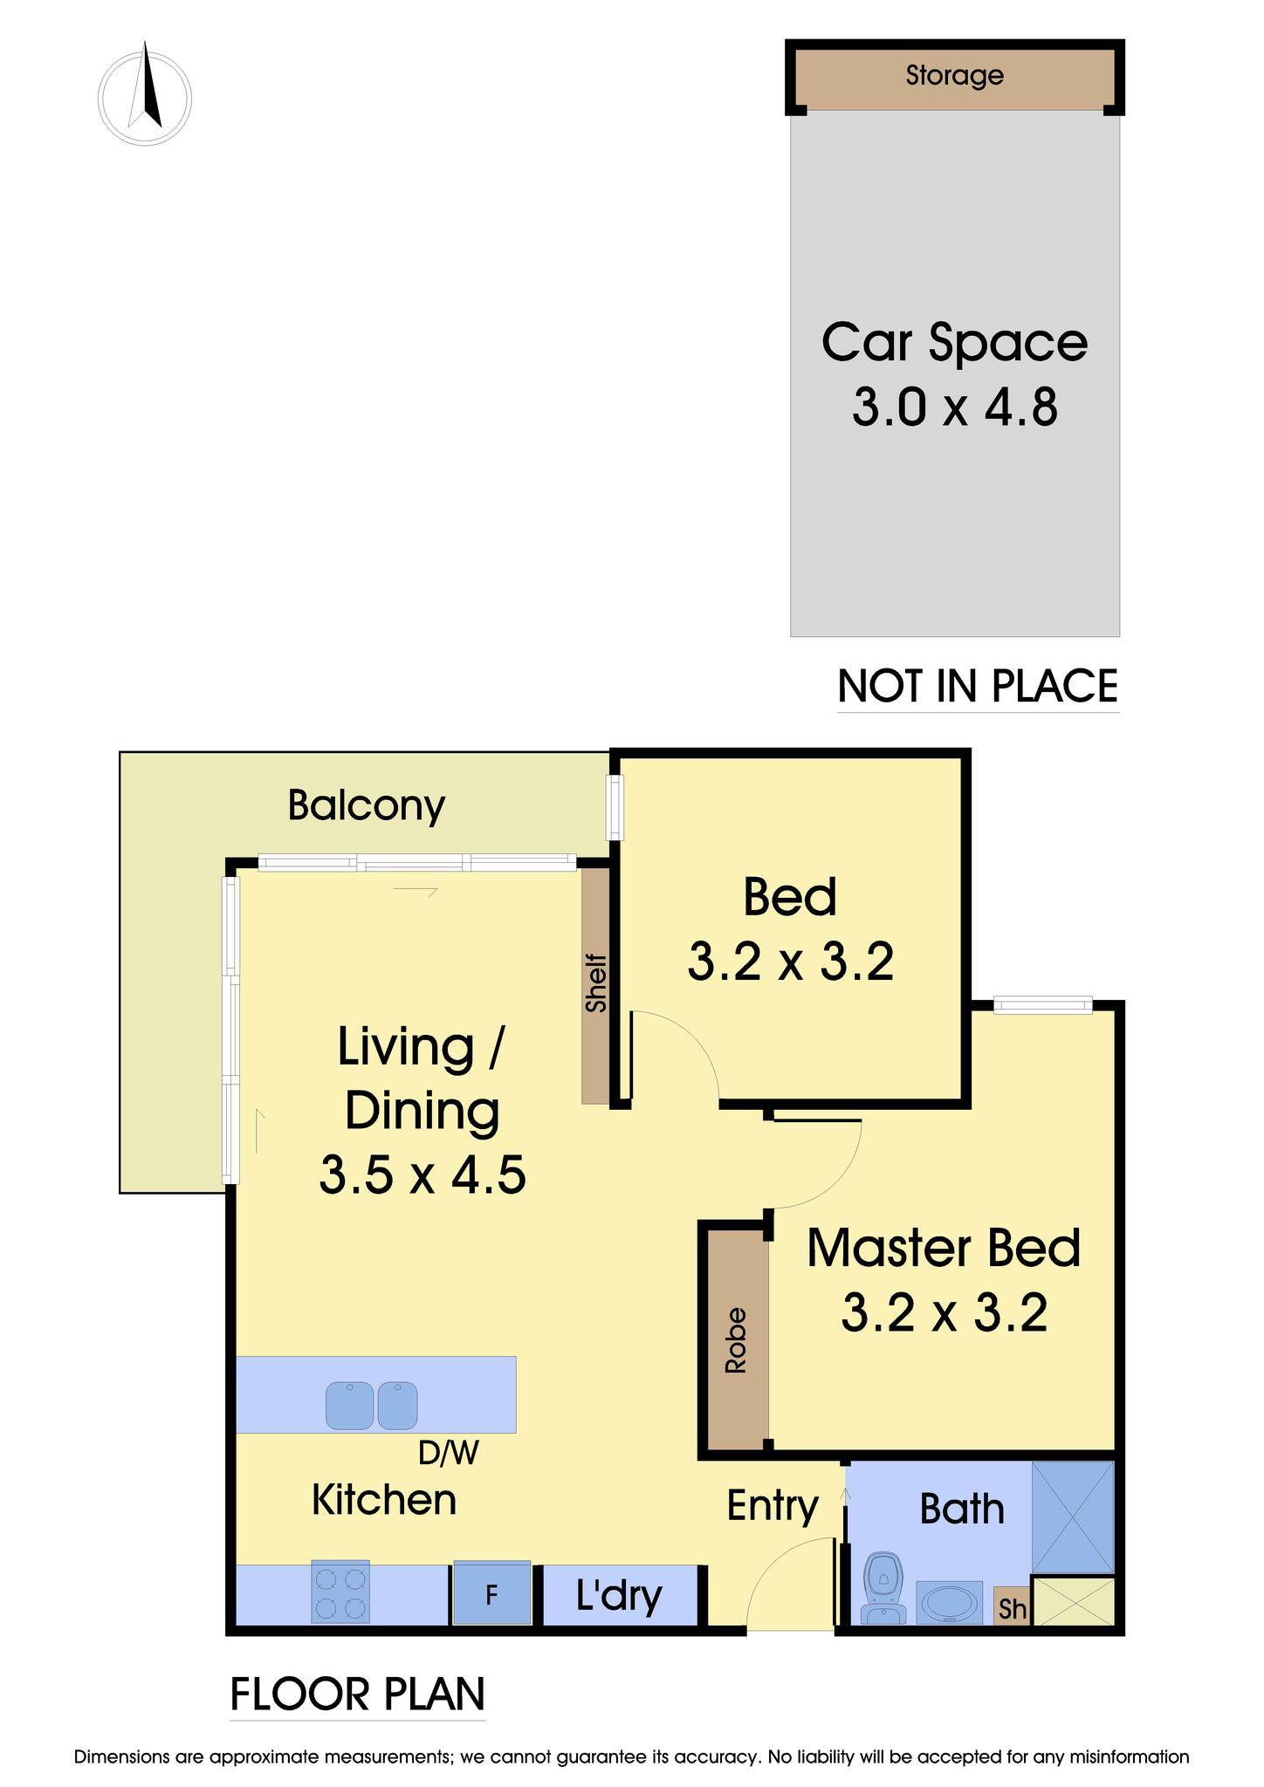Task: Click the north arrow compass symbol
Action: pyautogui.click(x=145, y=97)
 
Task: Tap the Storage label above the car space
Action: pyautogui.click(x=954, y=75)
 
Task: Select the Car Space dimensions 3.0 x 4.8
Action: pyautogui.click(x=955, y=407)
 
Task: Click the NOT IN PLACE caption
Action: pyautogui.click(x=978, y=686)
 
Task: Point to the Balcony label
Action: pyautogui.click(x=367, y=805)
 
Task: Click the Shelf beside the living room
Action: pyautogui.click(x=595, y=984)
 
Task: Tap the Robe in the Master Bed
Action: pyautogui.click(x=736, y=1339)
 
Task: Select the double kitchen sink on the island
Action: pyautogui.click(x=372, y=1405)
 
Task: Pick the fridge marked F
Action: pyautogui.click(x=491, y=1592)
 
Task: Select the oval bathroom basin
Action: pyautogui.click(x=950, y=1603)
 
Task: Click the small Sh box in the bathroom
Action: pyautogui.click(x=1012, y=1606)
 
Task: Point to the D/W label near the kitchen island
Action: pyautogui.click(x=449, y=1453)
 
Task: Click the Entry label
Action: pyautogui.click(x=773, y=1505)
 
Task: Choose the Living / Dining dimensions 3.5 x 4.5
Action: pyautogui.click(x=422, y=1174)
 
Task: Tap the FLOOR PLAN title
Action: pyautogui.click(x=358, y=1694)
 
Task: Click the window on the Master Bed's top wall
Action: pyautogui.click(x=1043, y=1006)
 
